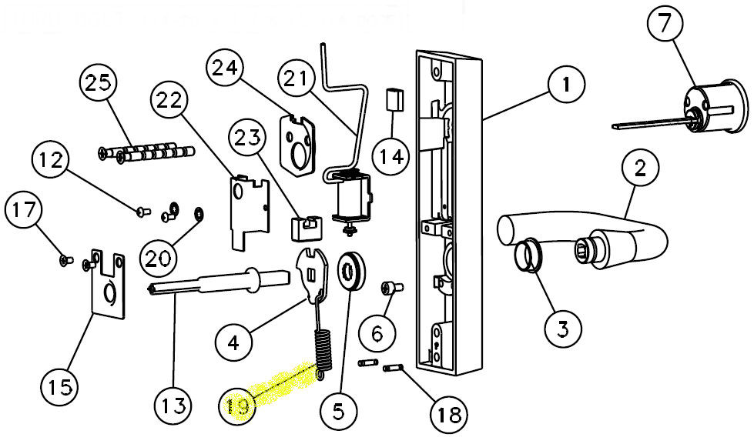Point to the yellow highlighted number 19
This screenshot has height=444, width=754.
[238, 405]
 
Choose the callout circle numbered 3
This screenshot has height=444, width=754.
[563, 329]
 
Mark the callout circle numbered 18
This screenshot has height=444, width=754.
[447, 416]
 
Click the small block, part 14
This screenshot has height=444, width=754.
[394, 100]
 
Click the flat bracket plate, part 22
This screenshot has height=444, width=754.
[250, 208]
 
